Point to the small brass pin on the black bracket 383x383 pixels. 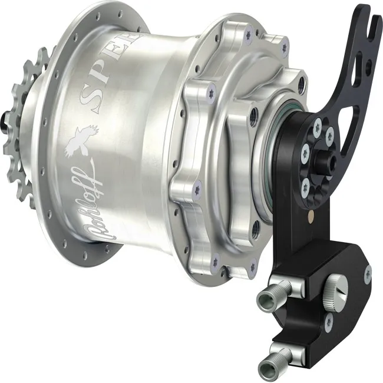[311, 216]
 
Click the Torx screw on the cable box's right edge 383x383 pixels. [368, 272]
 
